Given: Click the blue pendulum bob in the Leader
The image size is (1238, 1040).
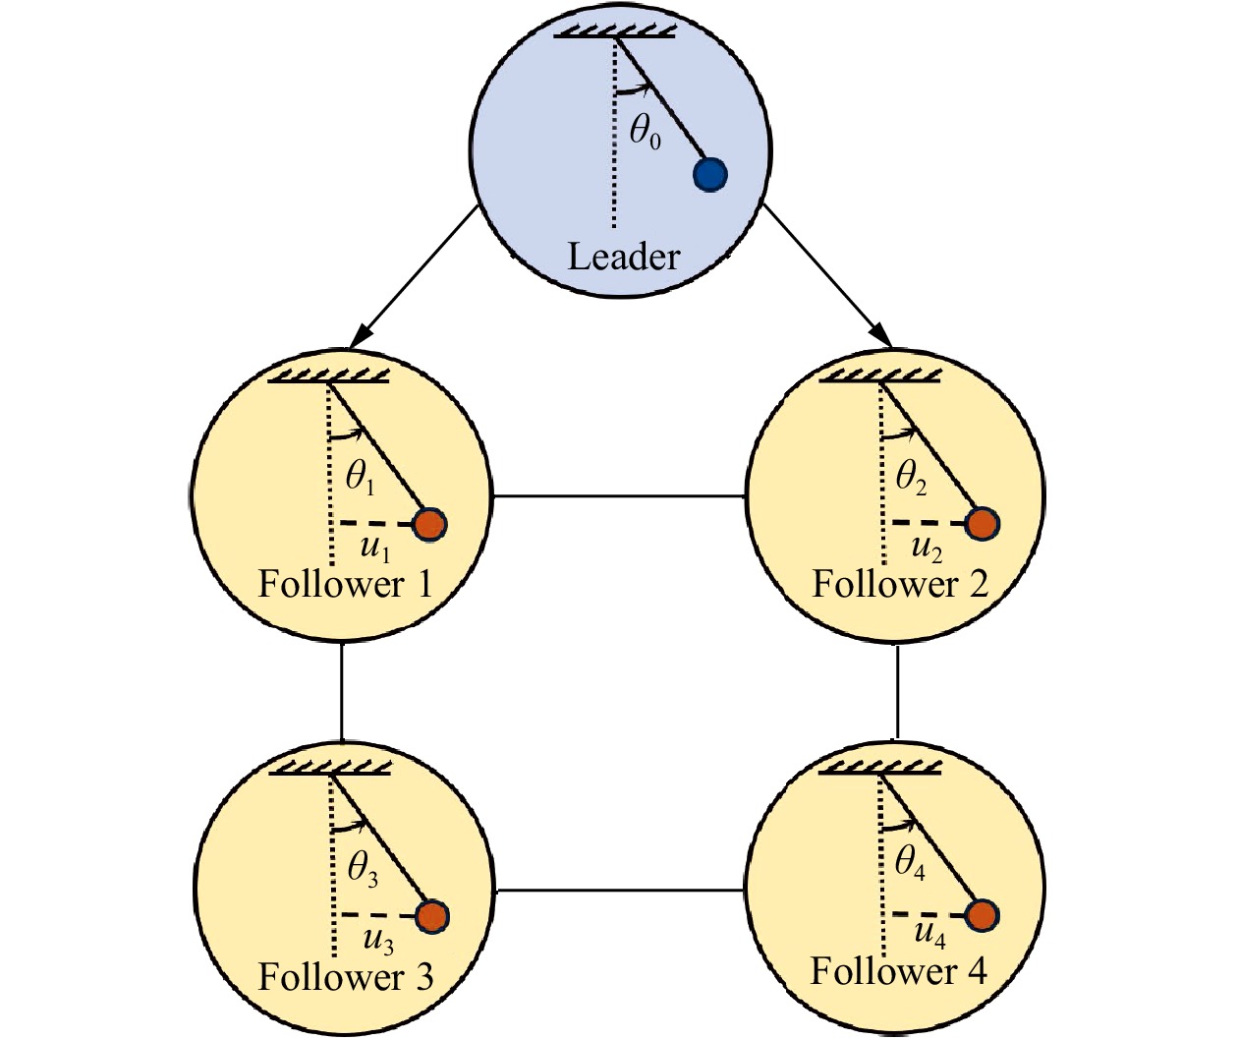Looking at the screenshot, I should (x=709, y=175).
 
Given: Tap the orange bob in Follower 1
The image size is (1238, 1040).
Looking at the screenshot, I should (x=429, y=524).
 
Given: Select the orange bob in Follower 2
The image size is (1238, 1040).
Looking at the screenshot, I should (x=981, y=524).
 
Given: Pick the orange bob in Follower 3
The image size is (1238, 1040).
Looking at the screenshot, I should (x=432, y=916).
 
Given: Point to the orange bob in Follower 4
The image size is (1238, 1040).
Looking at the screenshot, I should (x=981, y=915).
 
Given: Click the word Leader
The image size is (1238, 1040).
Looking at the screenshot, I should (x=624, y=257).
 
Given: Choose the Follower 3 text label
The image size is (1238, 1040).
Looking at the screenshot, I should (x=345, y=977).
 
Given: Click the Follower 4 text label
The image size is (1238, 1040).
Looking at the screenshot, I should (x=898, y=971).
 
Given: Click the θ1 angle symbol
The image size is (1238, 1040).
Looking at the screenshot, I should (x=360, y=478).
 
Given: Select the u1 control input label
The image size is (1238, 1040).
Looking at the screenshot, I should (x=374, y=548).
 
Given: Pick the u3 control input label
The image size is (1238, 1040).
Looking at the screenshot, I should (x=377, y=941).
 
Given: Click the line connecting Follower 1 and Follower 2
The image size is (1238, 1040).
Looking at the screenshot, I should (x=619, y=496).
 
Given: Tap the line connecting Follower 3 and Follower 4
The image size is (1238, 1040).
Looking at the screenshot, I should (x=619, y=891).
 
